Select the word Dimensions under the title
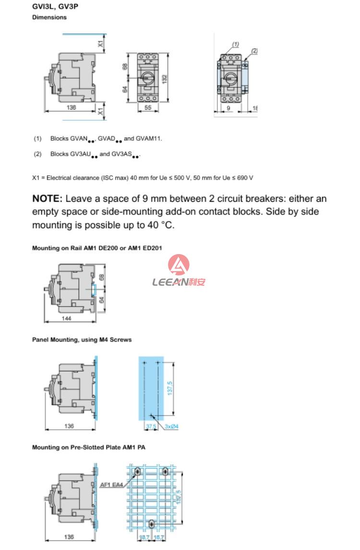pos(49,17)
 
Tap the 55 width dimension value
pos(148,108)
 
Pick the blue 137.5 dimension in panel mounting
pos(170,387)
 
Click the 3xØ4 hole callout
pos(171,426)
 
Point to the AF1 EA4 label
pos(110,485)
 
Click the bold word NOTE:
pos(47,199)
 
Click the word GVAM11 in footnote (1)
pos(148,139)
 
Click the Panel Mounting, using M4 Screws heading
pos(82,340)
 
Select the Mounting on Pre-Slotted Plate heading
pos(88,447)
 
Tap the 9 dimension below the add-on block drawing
pos(228,109)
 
